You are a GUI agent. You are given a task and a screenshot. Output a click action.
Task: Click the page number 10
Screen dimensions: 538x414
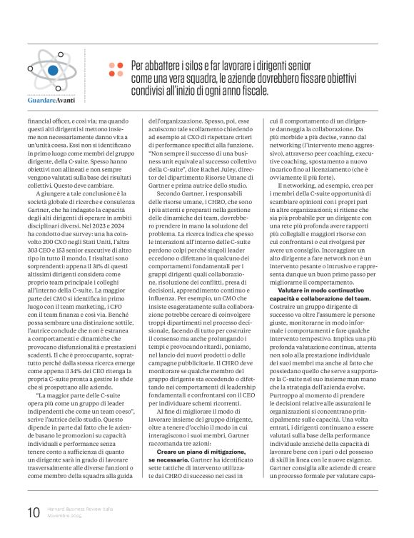coord(33,512)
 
